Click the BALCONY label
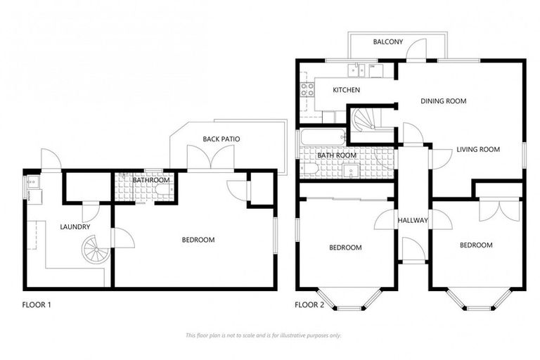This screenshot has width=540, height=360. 387,42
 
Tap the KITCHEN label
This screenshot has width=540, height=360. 346,90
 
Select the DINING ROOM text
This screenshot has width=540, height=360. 444,101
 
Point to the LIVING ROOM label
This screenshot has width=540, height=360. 477,149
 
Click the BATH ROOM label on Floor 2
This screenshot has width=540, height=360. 337,155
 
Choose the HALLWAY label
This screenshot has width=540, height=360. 412,221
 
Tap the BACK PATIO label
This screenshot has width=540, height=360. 221,139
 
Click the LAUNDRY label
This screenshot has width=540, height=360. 75,227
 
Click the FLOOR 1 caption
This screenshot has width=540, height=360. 37,305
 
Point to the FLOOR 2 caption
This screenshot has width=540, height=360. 309,305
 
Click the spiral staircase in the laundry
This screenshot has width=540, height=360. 94,249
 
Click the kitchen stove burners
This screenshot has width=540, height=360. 307,89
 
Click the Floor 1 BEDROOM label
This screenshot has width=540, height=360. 198,240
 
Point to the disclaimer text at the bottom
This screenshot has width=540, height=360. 263,335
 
